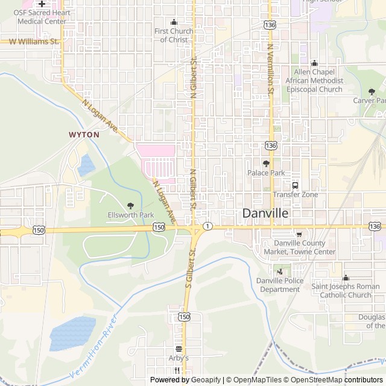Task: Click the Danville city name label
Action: point(265,213)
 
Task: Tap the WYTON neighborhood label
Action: point(84,134)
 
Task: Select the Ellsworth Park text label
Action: point(131,215)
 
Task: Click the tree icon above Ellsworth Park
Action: point(131,206)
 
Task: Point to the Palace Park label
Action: point(265,172)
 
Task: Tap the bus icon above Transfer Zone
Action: point(296,185)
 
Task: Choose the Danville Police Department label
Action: point(279,285)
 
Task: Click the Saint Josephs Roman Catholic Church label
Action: point(342,291)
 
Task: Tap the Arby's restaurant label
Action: point(179,358)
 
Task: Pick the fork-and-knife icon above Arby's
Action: point(179,349)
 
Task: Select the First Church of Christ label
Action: point(174,35)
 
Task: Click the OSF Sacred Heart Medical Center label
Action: point(42,17)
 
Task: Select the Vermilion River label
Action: point(94,347)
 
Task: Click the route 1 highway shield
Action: point(207,226)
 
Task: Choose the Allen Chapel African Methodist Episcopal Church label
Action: point(314,81)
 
